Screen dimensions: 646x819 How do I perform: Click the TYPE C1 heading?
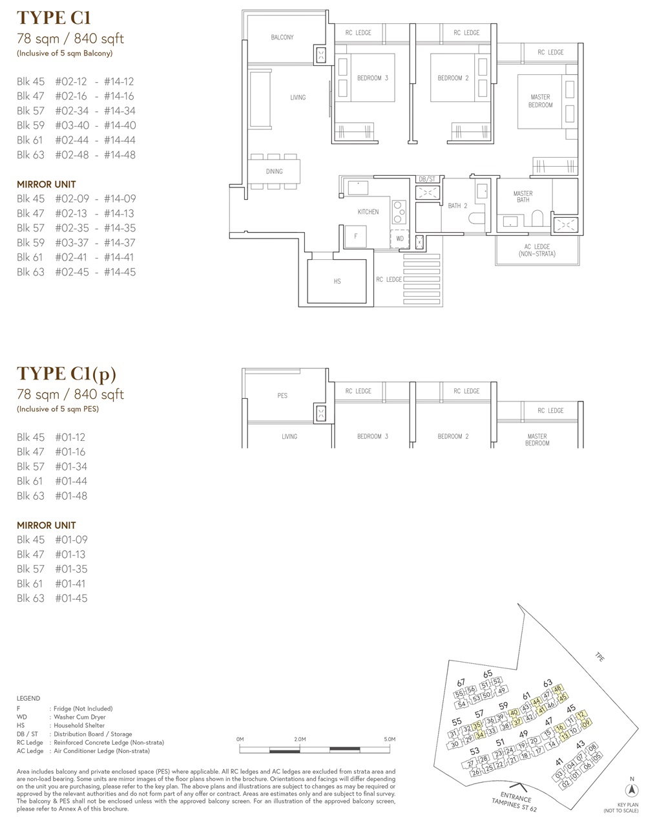[54, 18]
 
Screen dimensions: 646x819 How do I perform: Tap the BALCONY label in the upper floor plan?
[282, 37]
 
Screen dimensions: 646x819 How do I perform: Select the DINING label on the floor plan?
[274, 172]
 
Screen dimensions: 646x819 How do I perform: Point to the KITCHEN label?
[368, 212]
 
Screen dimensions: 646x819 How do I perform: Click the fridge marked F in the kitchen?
[355, 237]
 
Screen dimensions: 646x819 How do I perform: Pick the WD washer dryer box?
[399, 239]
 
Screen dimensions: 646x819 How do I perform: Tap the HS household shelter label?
[337, 281]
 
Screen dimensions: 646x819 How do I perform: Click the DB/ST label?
[427, 179]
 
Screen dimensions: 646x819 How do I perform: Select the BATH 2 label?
[457, 206]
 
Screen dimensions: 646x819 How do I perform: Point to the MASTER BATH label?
[523, 197]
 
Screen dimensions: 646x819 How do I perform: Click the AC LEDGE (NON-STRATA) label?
[537, 250]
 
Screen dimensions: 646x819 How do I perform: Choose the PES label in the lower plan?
[282, 396]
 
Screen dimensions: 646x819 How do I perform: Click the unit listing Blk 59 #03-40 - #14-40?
[76, 125]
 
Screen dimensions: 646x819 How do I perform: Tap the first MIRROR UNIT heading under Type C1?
[47, 185]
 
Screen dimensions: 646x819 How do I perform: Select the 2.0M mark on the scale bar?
[300, 739]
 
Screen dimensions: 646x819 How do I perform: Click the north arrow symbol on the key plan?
[632, 790]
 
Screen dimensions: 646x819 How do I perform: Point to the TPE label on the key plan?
[599, 657]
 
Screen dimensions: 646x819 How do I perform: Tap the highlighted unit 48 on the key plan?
[557, 689]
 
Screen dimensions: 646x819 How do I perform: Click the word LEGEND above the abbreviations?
[28, 698]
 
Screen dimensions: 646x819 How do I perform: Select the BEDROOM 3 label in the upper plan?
[373, 78]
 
